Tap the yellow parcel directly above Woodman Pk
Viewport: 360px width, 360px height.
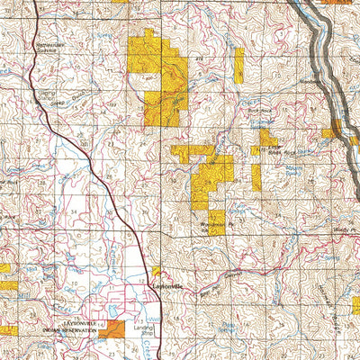(212, 180)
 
